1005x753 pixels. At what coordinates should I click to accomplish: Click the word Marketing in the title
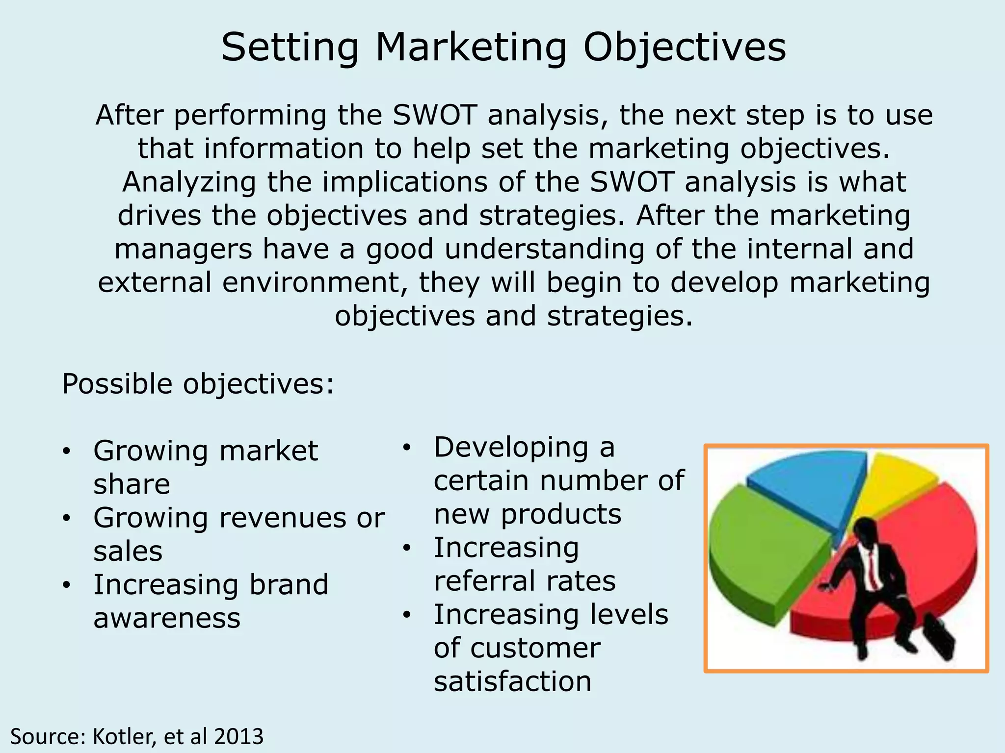click(x=470, y=48)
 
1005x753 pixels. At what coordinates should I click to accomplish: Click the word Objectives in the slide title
click(x=684, y=48)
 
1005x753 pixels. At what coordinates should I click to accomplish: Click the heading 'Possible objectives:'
click(x=198, y=384)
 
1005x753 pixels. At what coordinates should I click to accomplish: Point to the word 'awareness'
click(x=167, y=618)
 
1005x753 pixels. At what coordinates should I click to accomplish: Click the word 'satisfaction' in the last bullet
click(x=512, y=681)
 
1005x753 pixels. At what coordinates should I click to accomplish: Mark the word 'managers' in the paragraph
click(x=183, y=249)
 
